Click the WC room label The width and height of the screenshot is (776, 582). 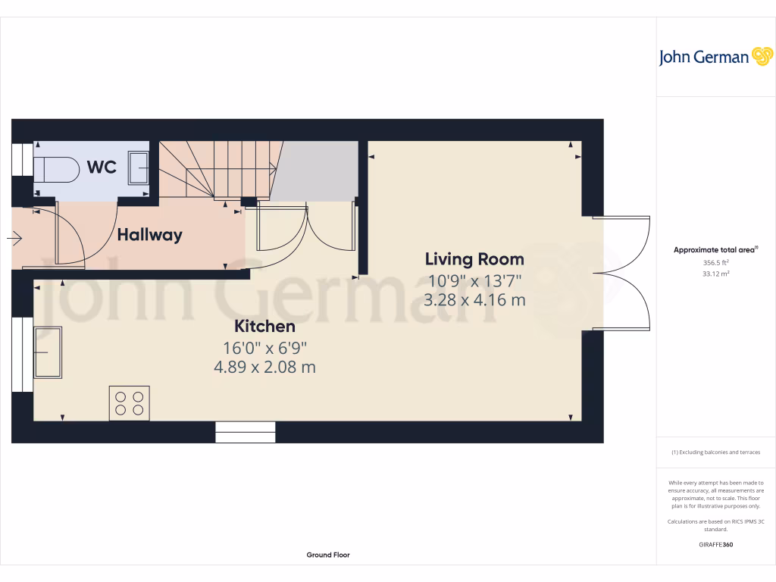pyautogui.click(x=102, y=167)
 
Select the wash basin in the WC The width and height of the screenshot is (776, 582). pyautogui.click(x=139, y=167)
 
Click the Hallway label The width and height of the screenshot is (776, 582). pyautogui.click(x=149, y=235)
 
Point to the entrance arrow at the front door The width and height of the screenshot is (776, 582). pyautogui.click(x=14, y=239)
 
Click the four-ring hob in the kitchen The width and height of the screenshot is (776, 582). pyautogui.click(x=130, y=402)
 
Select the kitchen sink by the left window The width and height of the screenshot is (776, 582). pyautogui.click(x=47, y=352)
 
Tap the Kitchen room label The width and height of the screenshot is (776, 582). pyautogui.click(x=264, y=327)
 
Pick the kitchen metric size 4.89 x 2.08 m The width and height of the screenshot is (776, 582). pyautogui.click(x=264, y=368)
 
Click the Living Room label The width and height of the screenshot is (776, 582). pyautogui.click(x=474, y=259)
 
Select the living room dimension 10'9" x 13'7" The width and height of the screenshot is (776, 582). pyautogui.click(x=474, y=280)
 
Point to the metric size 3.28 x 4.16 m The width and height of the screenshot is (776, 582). pyautogui.click(x=474, y=300)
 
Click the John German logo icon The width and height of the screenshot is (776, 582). pyautogui.click(x=761, y=56)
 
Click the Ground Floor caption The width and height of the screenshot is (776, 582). pyautogui.click(x=328, y=555)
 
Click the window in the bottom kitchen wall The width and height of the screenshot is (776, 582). pyautogui.click(x=245, y=433)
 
